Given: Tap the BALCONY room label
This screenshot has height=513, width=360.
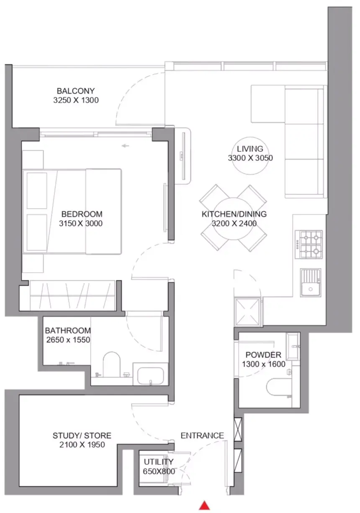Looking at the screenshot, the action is tap(75, 91).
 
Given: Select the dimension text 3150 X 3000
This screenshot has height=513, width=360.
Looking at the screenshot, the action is tap(81, 223).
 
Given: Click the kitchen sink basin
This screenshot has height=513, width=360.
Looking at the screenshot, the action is tap(310, 289).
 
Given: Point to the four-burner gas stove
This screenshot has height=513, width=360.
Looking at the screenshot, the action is tap(309, 245).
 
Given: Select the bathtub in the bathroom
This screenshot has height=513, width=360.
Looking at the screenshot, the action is tap(150, 375).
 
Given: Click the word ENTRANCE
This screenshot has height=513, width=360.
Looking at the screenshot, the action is tap(202, 436).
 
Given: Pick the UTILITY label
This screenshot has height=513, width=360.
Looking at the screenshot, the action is tap(159, 462).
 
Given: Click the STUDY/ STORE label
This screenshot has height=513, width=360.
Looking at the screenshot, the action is tap(82, 436).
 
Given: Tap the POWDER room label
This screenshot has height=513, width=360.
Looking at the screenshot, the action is tap(263, 355).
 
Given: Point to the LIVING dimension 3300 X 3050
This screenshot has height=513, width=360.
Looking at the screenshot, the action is tap(250, 158).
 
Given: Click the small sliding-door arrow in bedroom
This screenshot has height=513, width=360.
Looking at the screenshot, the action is tap(125, 146).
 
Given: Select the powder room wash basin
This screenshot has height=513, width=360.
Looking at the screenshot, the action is tap(293, 346).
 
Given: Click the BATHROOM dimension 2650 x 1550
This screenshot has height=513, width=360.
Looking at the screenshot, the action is tap(68, 340).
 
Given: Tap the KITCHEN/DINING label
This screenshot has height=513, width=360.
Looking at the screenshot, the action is tap(234, 214).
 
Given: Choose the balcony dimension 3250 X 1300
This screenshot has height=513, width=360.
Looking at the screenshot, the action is tap(76, 100).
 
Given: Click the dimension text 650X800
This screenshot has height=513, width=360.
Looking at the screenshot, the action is tap(159, 471).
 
